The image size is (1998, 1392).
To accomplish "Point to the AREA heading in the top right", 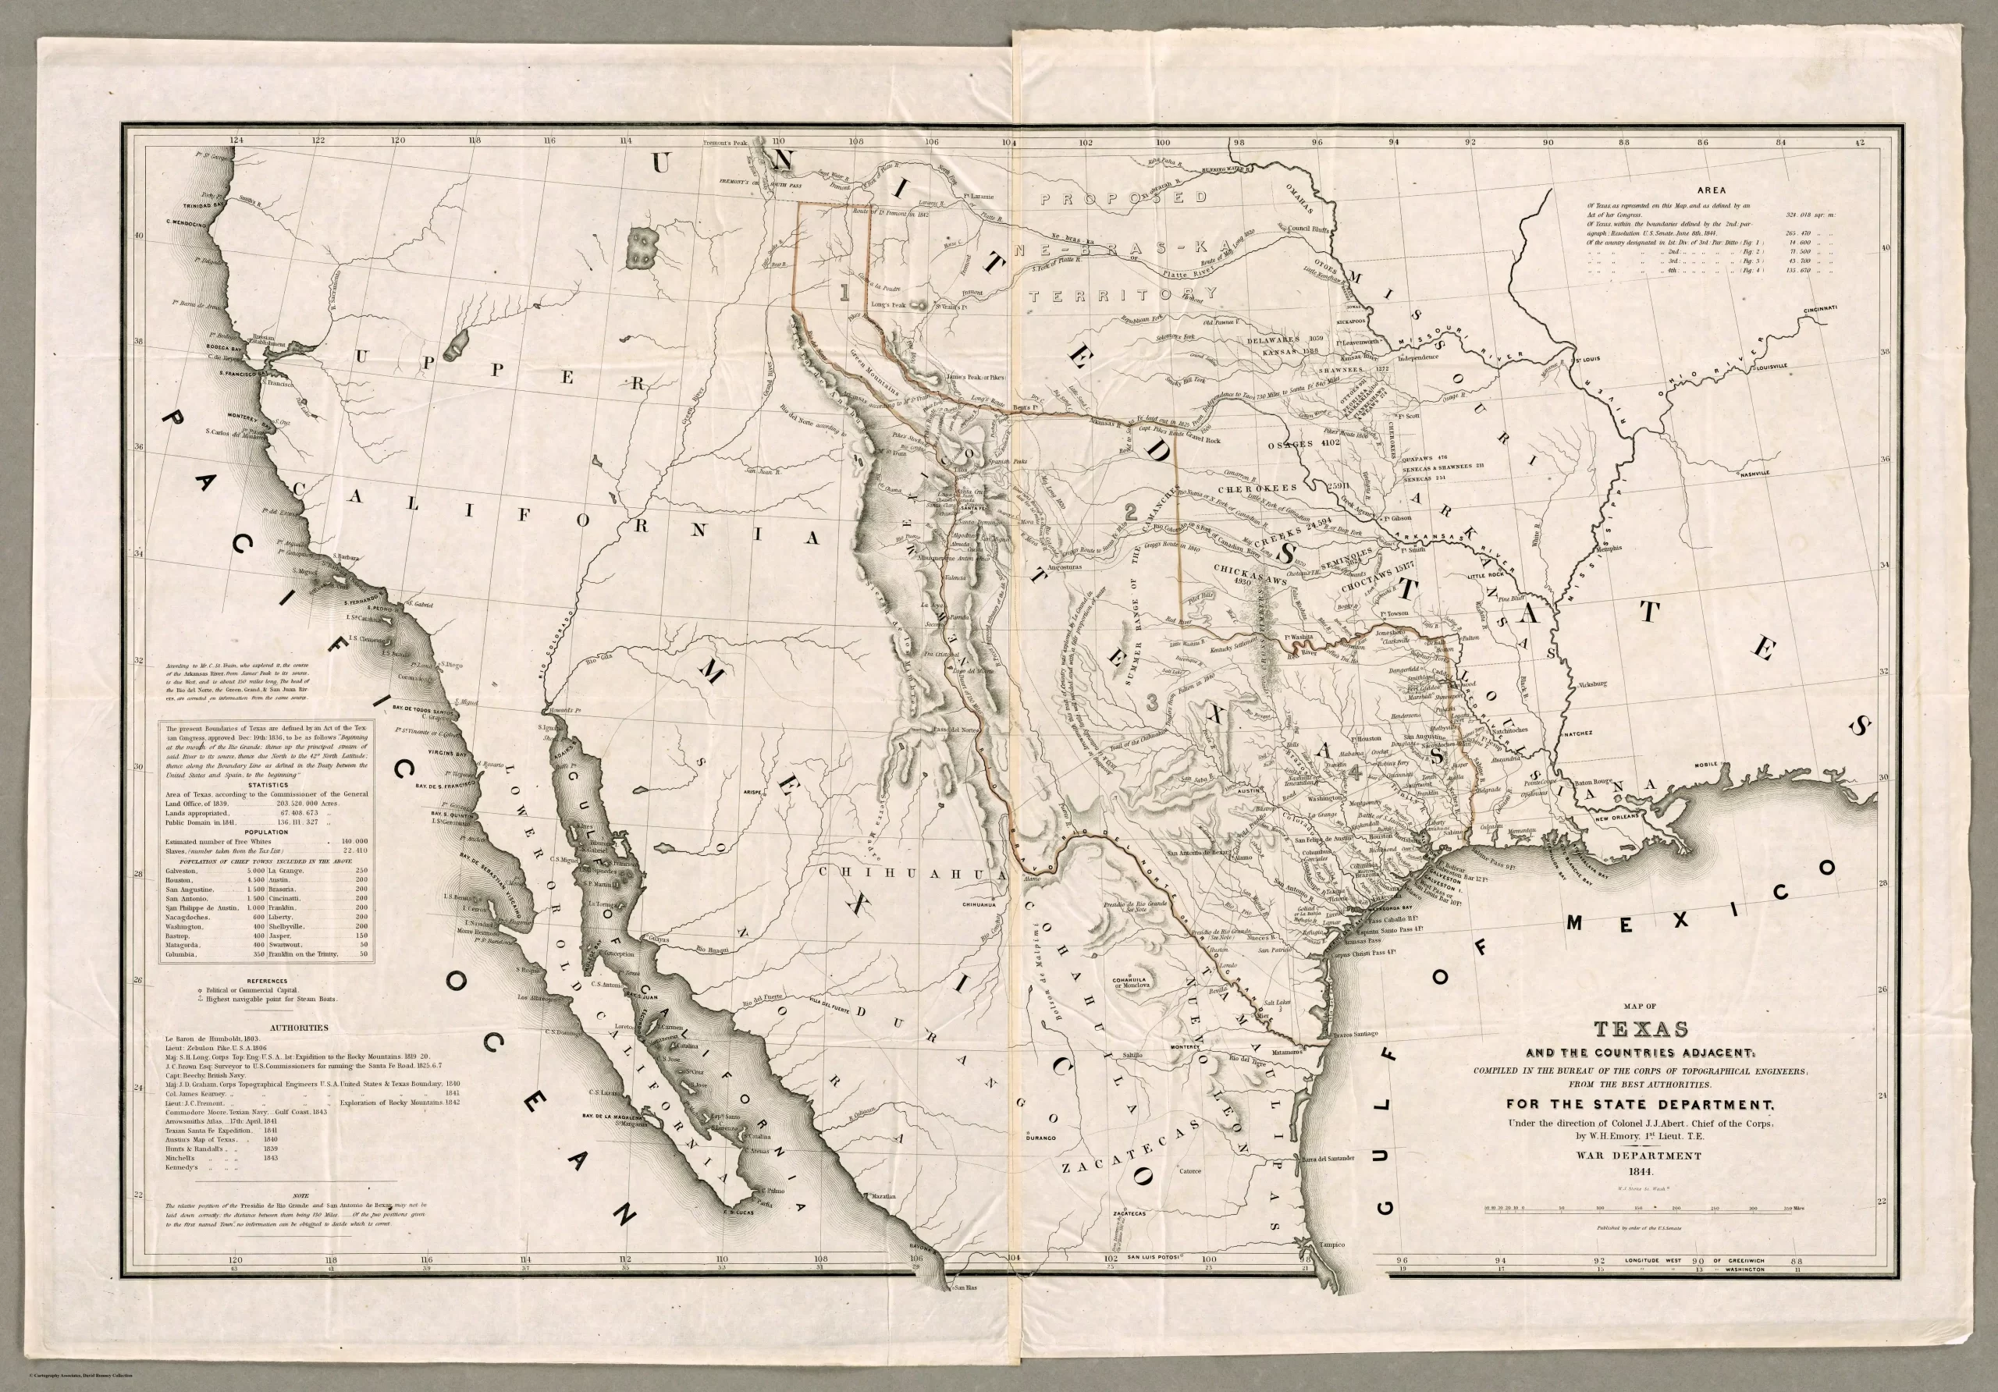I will [1712, 190].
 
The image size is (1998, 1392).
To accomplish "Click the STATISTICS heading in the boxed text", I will [267, 784].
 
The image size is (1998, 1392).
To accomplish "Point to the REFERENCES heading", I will [267, 981].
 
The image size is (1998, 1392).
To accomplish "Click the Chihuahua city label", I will [977, 905].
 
